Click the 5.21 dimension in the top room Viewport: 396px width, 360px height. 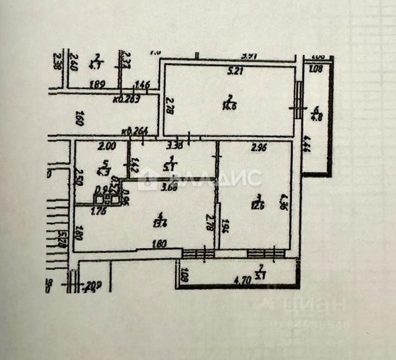point(235,71)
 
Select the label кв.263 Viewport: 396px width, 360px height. point(127,97)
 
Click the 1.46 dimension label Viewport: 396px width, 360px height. point(143,85)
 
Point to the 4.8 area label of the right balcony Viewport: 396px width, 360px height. point(316,115)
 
